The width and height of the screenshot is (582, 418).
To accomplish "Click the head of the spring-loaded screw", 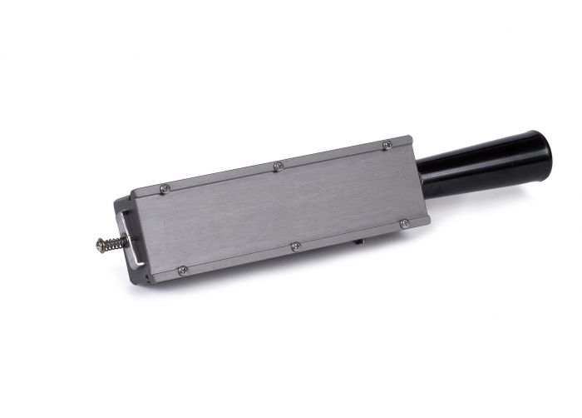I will click(100, 245).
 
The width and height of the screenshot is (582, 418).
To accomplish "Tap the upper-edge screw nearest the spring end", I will click(165, 188).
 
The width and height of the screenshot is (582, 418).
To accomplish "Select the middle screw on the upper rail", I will click(278, 166).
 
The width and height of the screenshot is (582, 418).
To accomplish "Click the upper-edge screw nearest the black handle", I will click(387, 145).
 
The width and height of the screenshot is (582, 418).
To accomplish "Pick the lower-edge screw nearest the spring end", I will click(183, 270).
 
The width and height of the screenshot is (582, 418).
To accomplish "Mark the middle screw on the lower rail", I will click(295, 246).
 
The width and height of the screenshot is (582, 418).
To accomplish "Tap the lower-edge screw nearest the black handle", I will click(404, 223).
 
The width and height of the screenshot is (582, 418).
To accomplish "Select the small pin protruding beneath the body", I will click(360, 241).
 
